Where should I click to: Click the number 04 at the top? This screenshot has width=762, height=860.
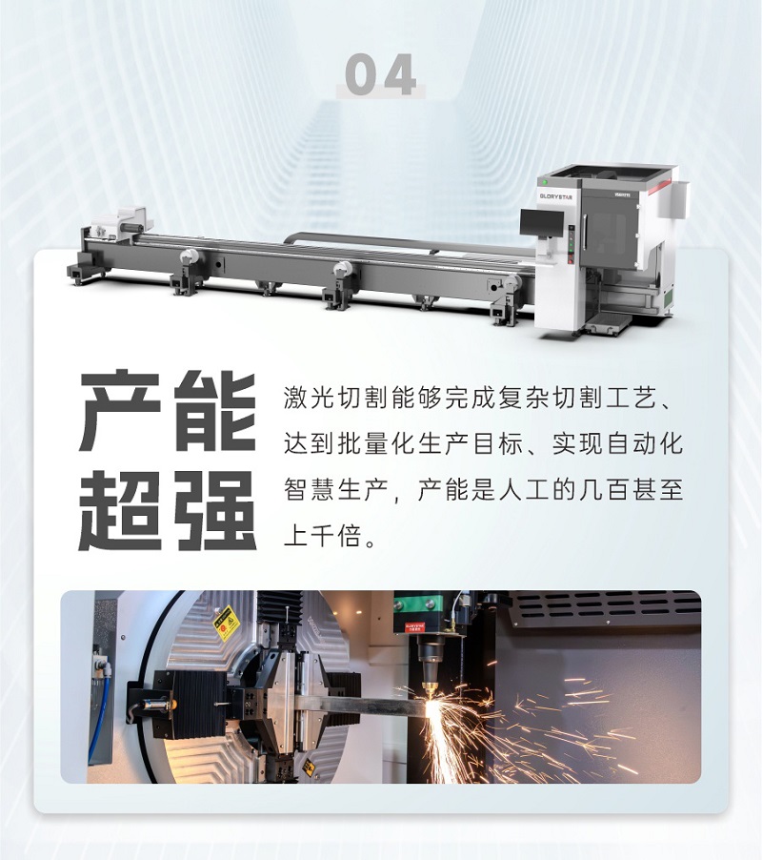click(380, 74)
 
